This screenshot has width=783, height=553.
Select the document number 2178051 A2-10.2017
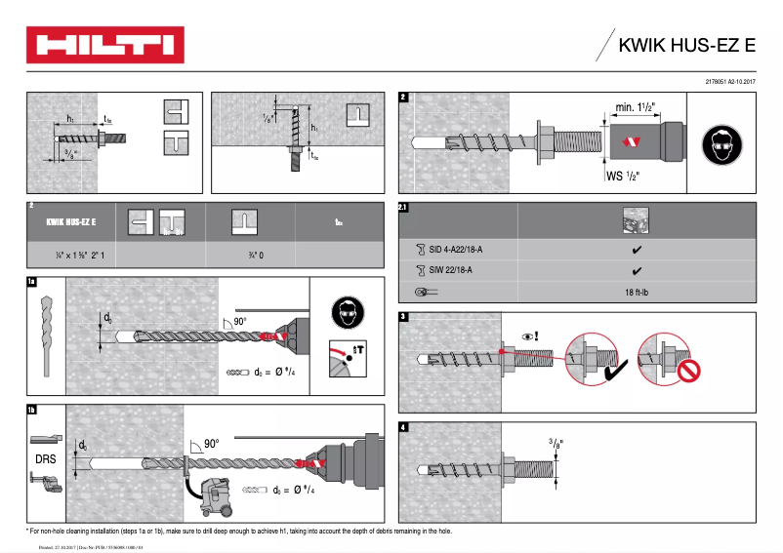[x=730, y=83]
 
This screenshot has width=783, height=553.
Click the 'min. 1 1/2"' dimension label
[x=640, y=107]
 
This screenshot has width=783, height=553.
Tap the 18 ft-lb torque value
[x=637, y=292]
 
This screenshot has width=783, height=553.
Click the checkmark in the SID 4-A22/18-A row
[x=637, y=250]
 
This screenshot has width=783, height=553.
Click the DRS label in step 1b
[x=44, y=456]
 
